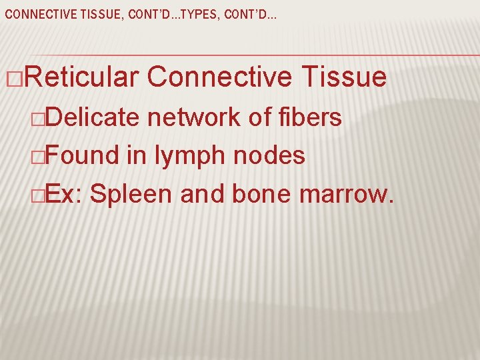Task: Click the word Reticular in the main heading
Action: coord(81,78)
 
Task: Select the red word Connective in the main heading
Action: coord(219,78)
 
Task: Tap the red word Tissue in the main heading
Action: coord(343,78)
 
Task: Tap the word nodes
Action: coord(269,156)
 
